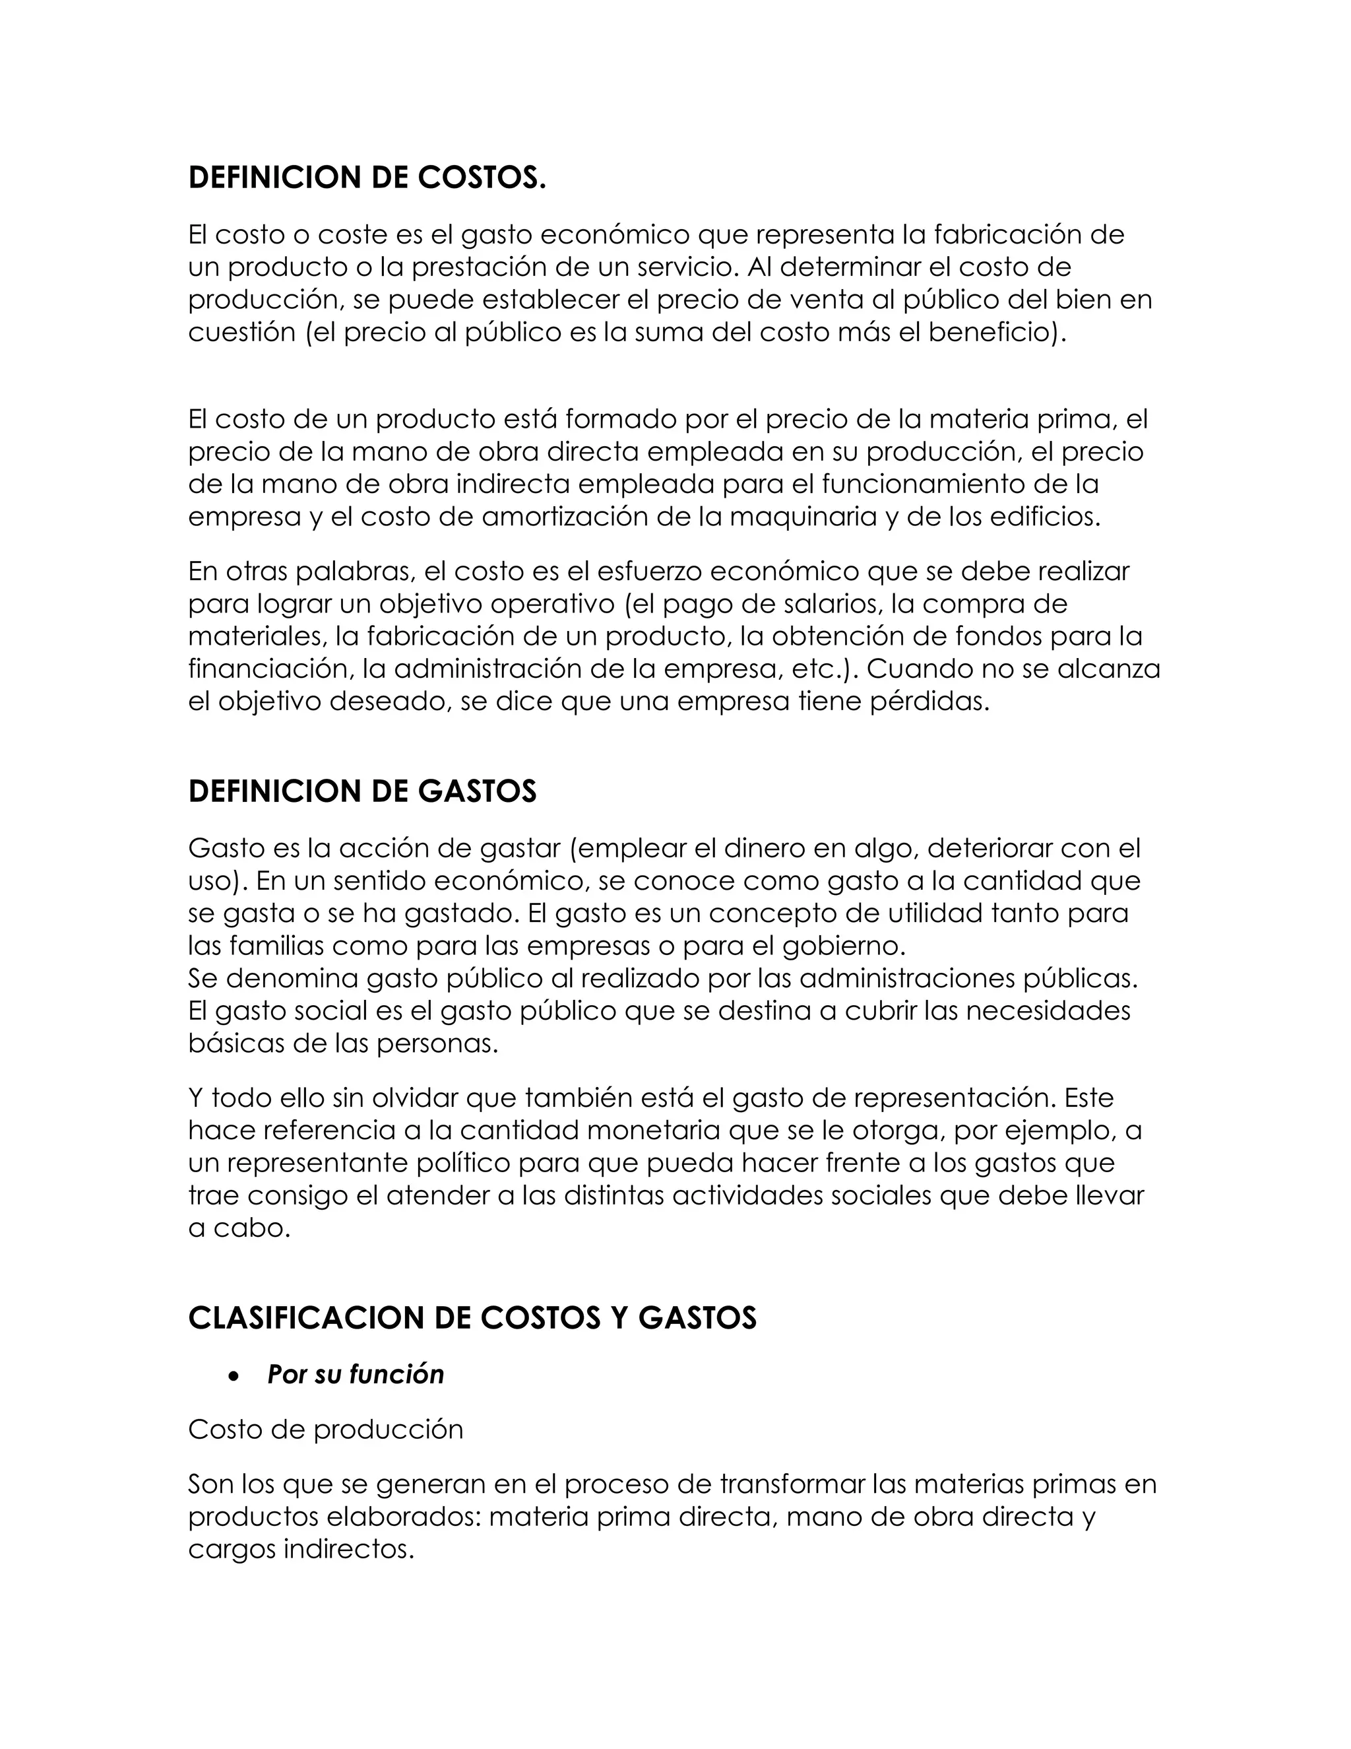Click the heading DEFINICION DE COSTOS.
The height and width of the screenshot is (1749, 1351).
tap(367, 178)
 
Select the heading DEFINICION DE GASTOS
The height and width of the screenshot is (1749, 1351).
tap(361, 791)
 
